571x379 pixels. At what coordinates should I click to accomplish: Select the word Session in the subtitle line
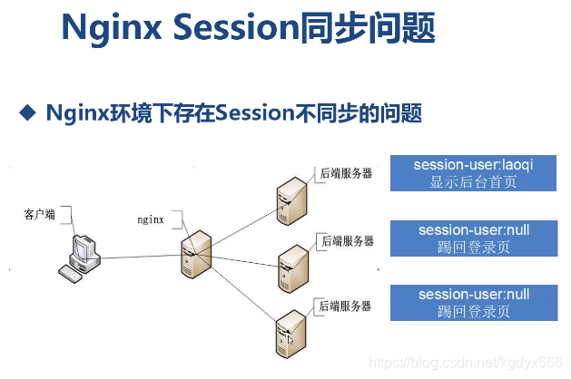point(269,113)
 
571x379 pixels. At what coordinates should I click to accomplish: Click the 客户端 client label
point(39,214)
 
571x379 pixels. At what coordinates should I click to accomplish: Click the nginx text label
point(150,219)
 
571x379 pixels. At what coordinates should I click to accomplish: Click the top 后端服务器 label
point(345,173)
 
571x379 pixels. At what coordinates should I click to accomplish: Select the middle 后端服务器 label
point(345,240)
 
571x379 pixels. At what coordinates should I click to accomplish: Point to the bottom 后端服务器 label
point(345,306)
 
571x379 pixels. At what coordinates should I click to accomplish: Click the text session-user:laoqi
point(472,165)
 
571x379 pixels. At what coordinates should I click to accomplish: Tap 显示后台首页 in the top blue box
point(472,181)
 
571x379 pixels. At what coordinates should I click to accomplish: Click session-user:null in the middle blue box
point(472,230)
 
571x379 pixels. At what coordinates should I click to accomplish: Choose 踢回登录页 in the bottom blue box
point(472,311)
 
